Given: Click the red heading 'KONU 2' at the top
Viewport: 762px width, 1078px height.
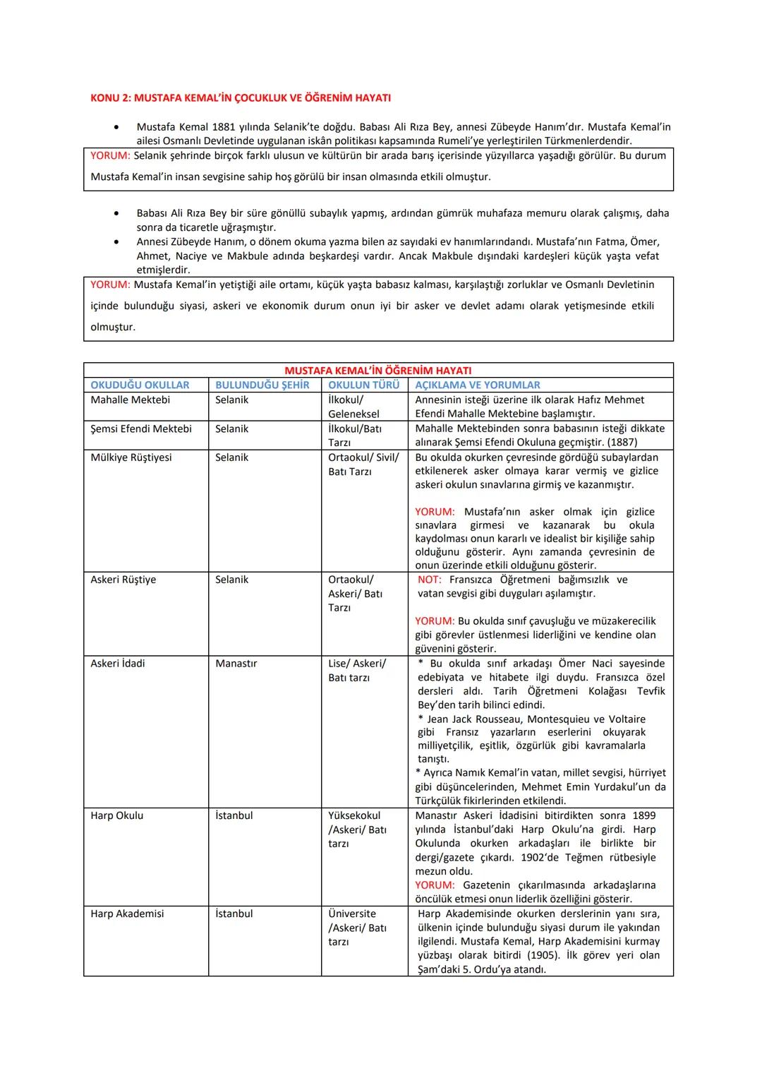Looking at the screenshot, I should pyautogui.click(x=241, y=98).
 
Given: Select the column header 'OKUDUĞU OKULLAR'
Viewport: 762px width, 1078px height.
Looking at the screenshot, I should pyautogui.click(x=140, y=385).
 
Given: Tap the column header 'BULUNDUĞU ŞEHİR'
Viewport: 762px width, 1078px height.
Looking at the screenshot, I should pyautogui.click(x=262, y=385).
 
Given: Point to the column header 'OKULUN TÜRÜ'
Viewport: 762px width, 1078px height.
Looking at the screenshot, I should pyautogui.click(x=363, y=385).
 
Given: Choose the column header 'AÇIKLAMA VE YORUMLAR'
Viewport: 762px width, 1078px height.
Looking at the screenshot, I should pyautogui.click(x=478, y=385).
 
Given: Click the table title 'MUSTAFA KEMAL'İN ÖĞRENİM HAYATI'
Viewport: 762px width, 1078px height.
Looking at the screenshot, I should pyautogui.click(x=377, y=371).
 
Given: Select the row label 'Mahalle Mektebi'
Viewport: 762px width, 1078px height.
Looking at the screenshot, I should pyautogui.click(x=130, y=400).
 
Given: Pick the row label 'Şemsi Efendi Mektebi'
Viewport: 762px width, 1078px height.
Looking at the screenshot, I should pyautogui.click(x=141, y=429).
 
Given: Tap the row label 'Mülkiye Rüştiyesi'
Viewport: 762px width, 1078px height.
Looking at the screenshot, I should pyautogui.click(x=131, y=457).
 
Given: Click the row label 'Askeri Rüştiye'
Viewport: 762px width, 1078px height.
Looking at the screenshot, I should pyautogui.click(x=123, y=580).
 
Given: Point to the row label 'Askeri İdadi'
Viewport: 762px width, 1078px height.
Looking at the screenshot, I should pyautogui.click(x=118, y=664).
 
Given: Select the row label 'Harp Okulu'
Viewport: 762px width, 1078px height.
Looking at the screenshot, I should pyautogui.click(x=117, y=815).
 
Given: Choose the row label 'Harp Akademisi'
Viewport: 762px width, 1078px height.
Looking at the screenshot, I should pyautogui.click(x=127, y=914).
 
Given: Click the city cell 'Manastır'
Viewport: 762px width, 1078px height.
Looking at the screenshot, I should pyautogui.click(x=236, y=664).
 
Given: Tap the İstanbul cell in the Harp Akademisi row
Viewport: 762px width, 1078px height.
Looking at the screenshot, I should pyautogui.click(x=234, y=914).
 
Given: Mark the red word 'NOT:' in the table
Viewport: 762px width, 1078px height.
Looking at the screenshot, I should pyautogui.click(x=430, y=580).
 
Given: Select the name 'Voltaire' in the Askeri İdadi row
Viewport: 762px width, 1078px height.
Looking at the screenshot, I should pyautogui.click(x=627, y=719).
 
